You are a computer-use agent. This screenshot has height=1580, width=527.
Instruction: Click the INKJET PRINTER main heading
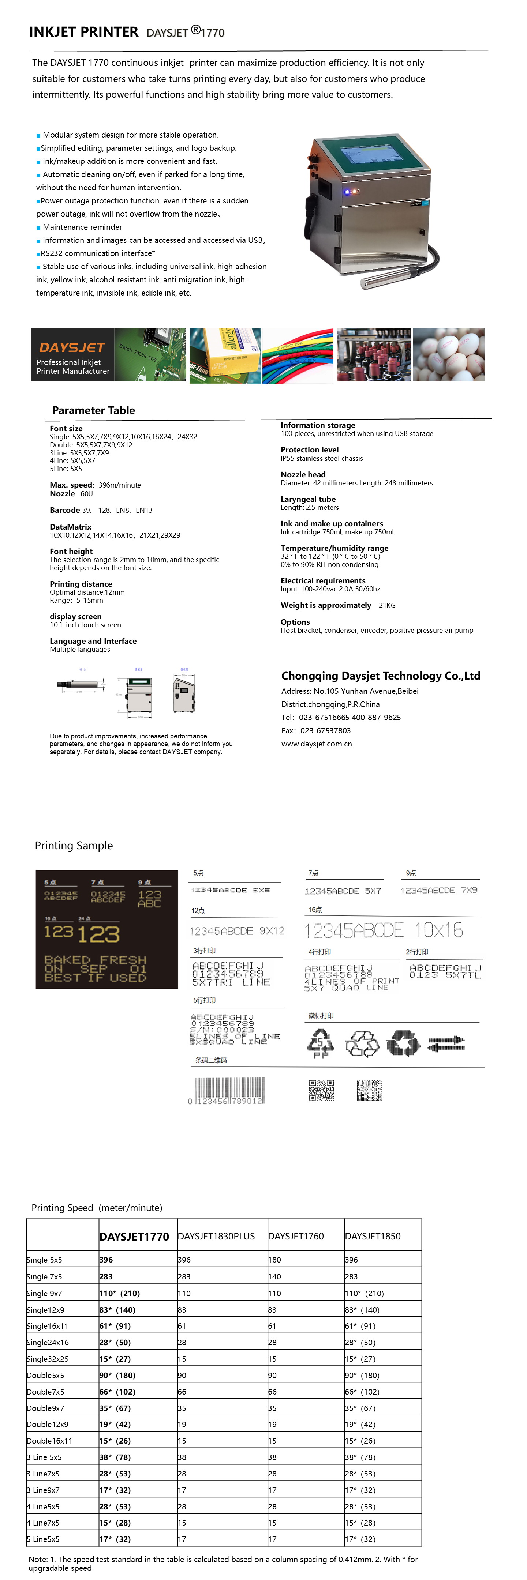83,32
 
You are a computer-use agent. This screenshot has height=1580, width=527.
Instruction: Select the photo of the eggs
448,354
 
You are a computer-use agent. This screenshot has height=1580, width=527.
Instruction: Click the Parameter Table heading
93,410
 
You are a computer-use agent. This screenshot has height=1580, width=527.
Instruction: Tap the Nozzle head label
303,474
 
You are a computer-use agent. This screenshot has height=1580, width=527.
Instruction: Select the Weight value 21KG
387,605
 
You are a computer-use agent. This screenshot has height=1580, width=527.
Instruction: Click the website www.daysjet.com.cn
317,744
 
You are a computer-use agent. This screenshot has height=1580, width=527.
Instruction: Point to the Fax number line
316,730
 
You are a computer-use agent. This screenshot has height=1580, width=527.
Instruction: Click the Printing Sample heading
74,845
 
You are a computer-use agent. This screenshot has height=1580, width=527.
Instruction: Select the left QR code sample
321,1090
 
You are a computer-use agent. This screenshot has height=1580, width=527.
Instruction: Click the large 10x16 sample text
384,930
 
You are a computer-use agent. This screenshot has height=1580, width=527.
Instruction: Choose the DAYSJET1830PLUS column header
216,1236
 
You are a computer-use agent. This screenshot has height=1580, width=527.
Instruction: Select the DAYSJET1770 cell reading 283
106,1276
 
